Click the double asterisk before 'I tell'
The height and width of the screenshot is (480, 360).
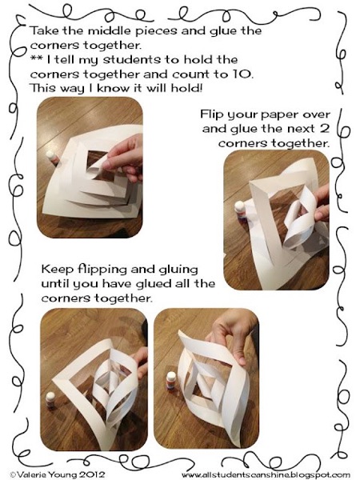click(x=37, y=58)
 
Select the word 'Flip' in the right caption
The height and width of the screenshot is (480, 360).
click(x=210, y=115)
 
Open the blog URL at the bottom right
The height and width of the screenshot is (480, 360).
click(x=266, y=475)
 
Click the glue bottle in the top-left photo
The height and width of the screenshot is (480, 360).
click(x=52, y=158)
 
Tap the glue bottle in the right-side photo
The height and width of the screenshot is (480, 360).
click(x=240, y=210)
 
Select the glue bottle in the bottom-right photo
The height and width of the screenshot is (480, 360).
click(x=171, y=381)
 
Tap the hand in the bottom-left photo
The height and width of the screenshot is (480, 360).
click(x=139, y=362)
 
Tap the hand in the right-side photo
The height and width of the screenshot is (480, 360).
click(x=321, y=204)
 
